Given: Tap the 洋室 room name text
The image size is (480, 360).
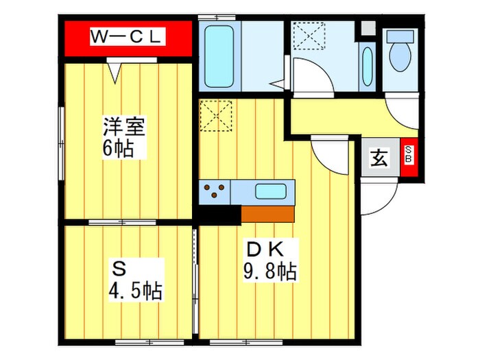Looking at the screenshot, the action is point(124,125).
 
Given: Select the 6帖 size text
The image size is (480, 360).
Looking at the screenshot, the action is point(118,149).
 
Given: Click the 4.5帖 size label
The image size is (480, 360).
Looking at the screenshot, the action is point(136,290).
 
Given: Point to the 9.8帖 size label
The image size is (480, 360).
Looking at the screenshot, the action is point(269,272).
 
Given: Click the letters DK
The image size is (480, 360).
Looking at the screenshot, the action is point(265,250).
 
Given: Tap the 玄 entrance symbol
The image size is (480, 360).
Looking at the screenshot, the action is point(380,157).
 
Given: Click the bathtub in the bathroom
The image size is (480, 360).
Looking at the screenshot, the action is point(219,57).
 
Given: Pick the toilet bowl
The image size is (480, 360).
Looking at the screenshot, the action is point(400,51).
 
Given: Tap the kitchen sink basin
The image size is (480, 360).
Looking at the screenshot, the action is point(271,191).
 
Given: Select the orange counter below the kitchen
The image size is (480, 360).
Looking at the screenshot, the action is point(267,214).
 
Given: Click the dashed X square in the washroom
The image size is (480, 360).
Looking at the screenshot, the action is point(309,36).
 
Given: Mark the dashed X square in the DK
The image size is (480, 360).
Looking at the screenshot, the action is point(216,116).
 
